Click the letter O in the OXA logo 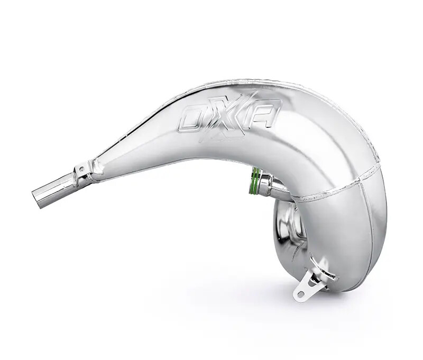[194, 117]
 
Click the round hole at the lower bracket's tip [300, 294]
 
